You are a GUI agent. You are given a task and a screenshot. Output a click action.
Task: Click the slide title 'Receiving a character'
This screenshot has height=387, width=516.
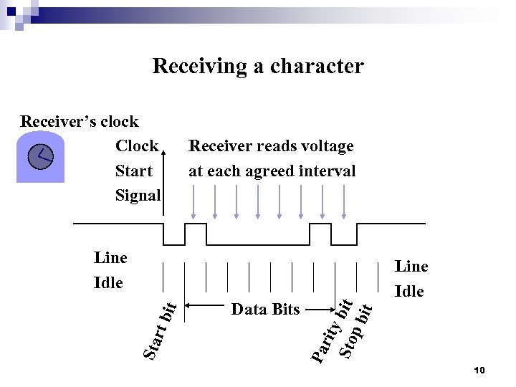(x=258, y=67)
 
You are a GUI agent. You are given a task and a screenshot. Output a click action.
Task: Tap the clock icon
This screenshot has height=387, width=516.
(x=41, y=157)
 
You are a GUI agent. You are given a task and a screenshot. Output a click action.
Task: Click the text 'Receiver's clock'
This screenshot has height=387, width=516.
(x=80, y=121)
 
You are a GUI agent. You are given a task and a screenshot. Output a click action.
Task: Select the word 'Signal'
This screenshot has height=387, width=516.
(x=138, y=195)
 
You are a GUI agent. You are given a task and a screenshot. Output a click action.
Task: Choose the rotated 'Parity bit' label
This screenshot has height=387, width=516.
(x=331, y=329)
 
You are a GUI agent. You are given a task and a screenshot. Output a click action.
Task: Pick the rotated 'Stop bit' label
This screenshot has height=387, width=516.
(x=356, y=329)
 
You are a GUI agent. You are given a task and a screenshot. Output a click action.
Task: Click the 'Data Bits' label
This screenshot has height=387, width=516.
(x=265, y=310)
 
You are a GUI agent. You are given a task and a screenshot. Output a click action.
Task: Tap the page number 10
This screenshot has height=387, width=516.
(x=479, y=370)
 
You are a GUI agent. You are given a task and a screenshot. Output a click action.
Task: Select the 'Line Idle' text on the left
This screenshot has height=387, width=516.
(x=110, y=269)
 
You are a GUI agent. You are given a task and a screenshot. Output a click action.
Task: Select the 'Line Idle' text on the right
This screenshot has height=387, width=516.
(x=411, y=279)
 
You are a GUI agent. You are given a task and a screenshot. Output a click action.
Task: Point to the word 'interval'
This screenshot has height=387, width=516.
(x=326, y=171)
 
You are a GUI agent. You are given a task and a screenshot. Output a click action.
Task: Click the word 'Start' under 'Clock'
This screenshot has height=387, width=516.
(x=133, y=171)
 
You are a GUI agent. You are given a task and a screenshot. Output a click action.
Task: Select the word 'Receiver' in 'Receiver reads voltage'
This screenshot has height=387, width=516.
(x=219, y=146)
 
